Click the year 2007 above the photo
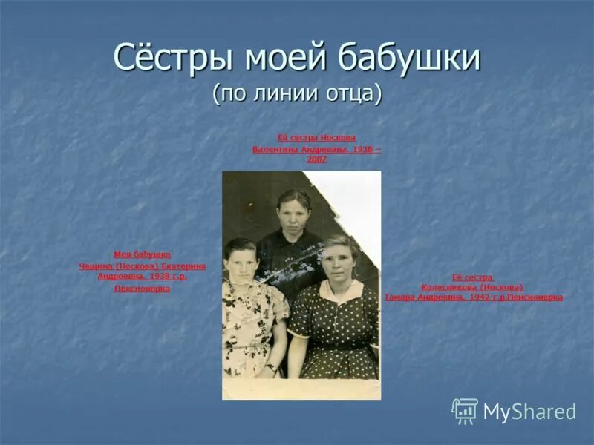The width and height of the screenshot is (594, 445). (x=316, y=159)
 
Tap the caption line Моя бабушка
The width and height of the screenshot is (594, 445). (x=142, y=254)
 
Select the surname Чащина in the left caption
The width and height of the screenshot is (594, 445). (x=97, y=266)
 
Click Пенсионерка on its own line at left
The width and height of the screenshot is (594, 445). (x=142, y=289)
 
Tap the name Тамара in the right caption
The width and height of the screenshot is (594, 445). (x=402, y=297)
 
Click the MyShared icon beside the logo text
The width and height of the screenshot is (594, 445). (x=465, y=411)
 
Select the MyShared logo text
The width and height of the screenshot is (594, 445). (x=529, y=412)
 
